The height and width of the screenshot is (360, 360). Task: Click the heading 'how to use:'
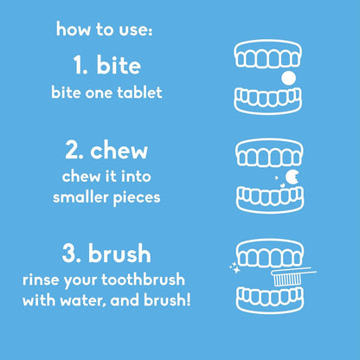tap(104, 30)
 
